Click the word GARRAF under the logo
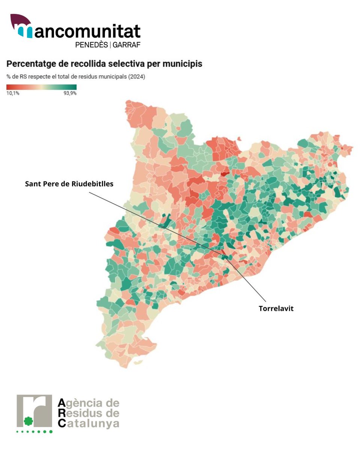pyautogui.click(x=126, y=45)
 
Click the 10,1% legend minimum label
pyautogui.click(x=13, y=93)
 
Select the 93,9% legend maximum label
pyautogui.click(x=70, y=93)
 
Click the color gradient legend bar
pyautogui.click(x=41, y=87)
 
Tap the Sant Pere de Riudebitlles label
pyautogui.click(x=69, y=184)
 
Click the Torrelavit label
pyautogui.click(x=276, y=309)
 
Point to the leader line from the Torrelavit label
pyautogui.click(x=247, y=281)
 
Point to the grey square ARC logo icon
pyautogui.click(x=34, y=411)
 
